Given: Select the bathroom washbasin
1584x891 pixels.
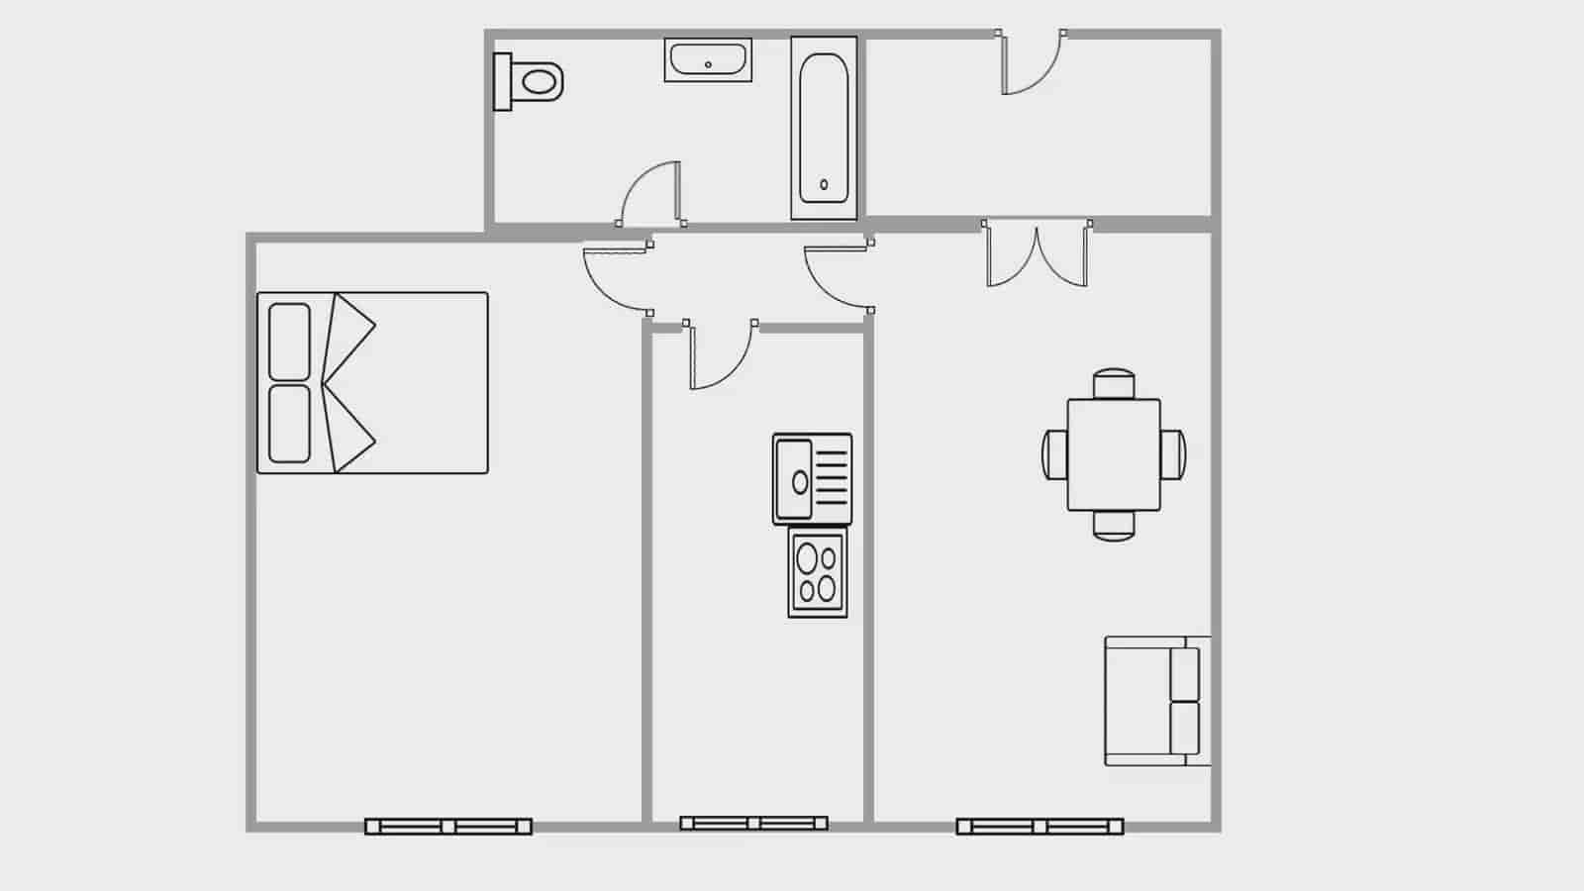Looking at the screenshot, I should (x=708, y=60).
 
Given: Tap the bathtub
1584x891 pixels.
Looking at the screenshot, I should (x=824, y=128).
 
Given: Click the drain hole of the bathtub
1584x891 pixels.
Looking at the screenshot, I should (x=824, y=184).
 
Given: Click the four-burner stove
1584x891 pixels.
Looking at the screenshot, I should (x=818, y=573).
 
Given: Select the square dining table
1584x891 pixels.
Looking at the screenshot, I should (x=1114, y=454).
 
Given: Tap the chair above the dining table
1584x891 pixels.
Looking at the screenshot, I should (x=1114, y=383).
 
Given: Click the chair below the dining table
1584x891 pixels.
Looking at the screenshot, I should (x=1114, y=526).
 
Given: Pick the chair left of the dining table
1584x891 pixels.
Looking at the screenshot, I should (x=1054, y=454).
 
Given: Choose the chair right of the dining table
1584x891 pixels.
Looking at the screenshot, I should (x=1173, y=454).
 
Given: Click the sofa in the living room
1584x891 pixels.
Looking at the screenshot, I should (x=1156, y=701).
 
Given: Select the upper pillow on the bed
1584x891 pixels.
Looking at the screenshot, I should (x=289, y=342).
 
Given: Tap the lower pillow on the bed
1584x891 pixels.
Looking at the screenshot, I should (x=289, y=423).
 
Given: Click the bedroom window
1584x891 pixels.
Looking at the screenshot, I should (x=448, y=826).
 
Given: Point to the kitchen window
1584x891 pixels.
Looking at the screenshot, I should (x=753, y=823).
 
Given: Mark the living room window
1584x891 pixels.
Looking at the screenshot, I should (x=1039, y=826).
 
